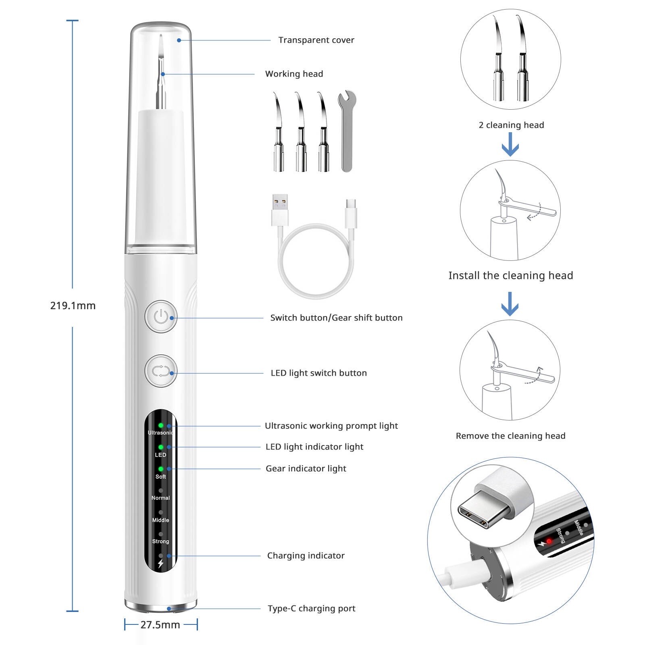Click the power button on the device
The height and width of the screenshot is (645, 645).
[161, 316]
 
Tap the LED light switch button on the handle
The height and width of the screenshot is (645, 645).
[161, 371]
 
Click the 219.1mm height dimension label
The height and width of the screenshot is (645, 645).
[73, 306]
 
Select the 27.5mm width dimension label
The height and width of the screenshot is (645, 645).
[160, 624]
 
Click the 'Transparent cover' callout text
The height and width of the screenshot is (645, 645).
[316, 40]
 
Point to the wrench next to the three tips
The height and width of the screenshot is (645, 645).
[347, 131]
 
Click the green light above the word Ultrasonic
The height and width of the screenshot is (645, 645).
[161, 425]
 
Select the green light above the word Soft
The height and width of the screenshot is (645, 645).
[161, 469]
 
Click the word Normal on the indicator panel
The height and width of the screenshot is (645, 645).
[160, 498]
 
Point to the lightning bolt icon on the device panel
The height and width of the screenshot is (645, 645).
[161, 564]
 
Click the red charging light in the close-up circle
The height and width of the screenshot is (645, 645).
[549, 541]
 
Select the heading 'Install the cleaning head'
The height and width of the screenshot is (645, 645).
[510, 275]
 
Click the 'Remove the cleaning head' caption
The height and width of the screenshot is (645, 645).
[510, 436]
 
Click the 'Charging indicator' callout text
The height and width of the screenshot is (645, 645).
[306, 556]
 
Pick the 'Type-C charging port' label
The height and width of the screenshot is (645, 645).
[311, 608]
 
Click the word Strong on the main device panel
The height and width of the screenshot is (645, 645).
[160, 541]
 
